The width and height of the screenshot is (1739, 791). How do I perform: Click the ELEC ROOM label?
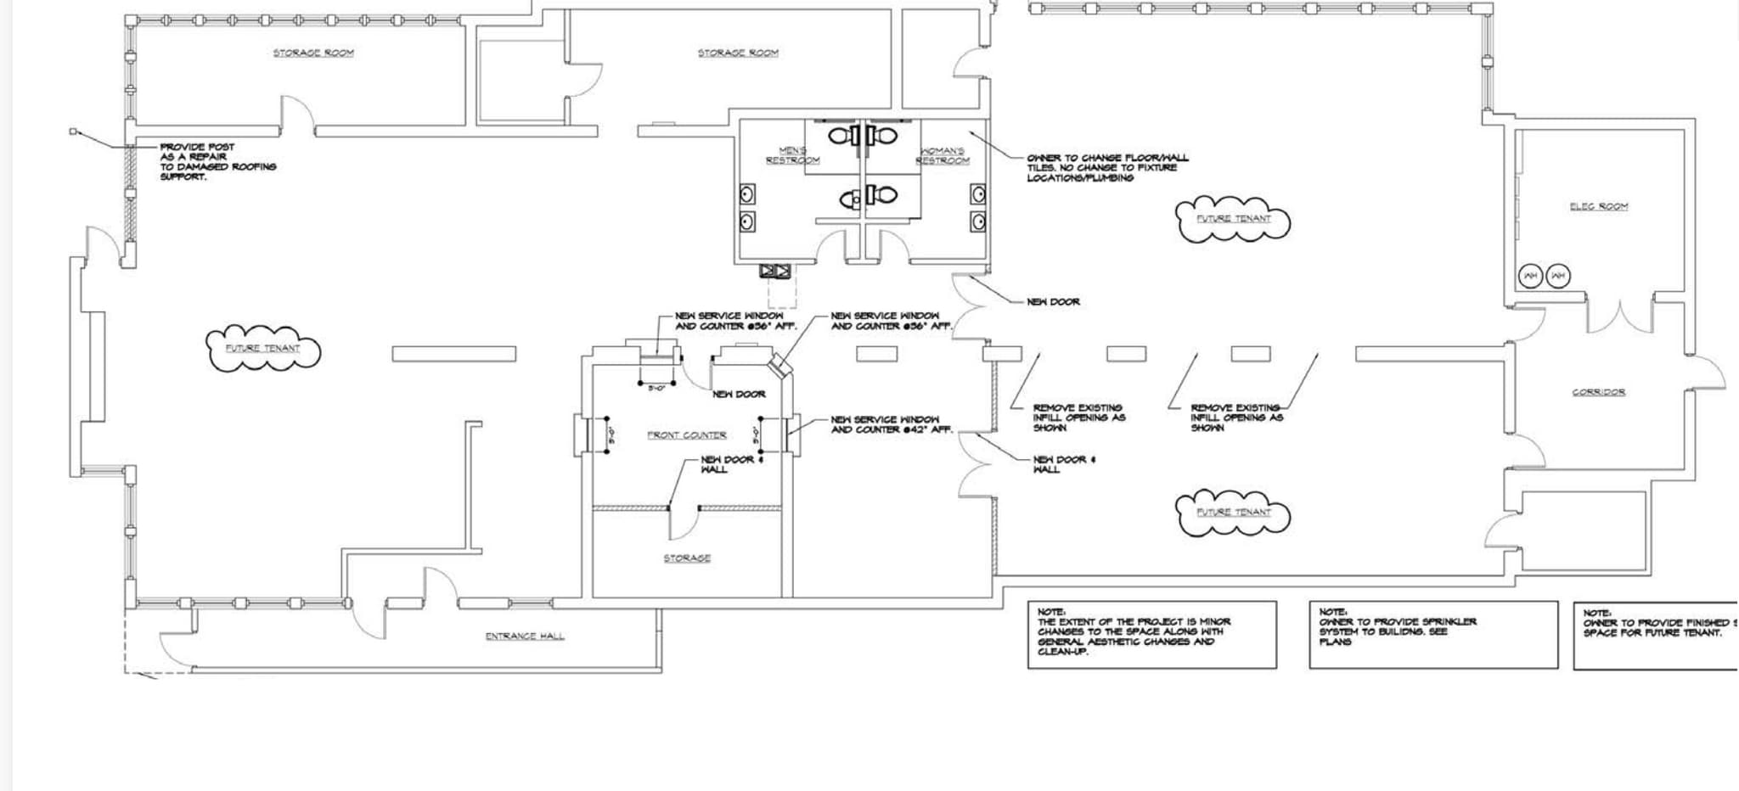pyautogui.click(x=1598, y=206)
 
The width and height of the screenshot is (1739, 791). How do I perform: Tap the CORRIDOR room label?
pyautogui.click(x=1598, y=392)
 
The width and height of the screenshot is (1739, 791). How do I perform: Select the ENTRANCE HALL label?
pyautogui.click(x=524, y=636)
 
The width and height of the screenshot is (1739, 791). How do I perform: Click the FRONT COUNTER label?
pyautogui.click(x=686, y=435)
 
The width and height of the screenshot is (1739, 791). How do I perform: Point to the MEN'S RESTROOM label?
pyautogui.click(x=792, y=155)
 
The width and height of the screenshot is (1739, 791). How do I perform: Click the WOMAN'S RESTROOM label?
pyautogui.click(x=942, y=155)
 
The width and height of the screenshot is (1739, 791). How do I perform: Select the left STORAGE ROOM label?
pyautogui.click(x=313, y=53)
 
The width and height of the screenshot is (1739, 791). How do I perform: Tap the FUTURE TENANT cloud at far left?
pyautogui.click(x=262, y=348)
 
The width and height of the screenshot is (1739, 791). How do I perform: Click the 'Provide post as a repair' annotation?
pyautogui.click(x=217, y=161)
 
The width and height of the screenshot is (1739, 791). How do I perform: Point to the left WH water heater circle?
pyautogui.click(x=1530, y=276)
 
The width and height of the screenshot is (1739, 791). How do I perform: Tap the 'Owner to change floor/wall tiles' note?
pyautogui.click(x=1106, y=167)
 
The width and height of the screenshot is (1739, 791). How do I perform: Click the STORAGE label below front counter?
pyautogui.click(x=686, y=558)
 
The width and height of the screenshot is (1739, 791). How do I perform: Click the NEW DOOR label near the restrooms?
pyautogui.click(x=1053, y=301)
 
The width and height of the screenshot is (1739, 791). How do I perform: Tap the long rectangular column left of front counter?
pyautogui.click(x=453, y=354)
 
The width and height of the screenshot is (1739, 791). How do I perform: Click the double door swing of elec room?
pyautogui.click(x=1620, y=316)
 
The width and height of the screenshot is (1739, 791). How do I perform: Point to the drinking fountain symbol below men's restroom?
pyautogui.click(x=775, y=271)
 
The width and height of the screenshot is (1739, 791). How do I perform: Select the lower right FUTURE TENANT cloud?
pyautogui.click(x=1233, y=512)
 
